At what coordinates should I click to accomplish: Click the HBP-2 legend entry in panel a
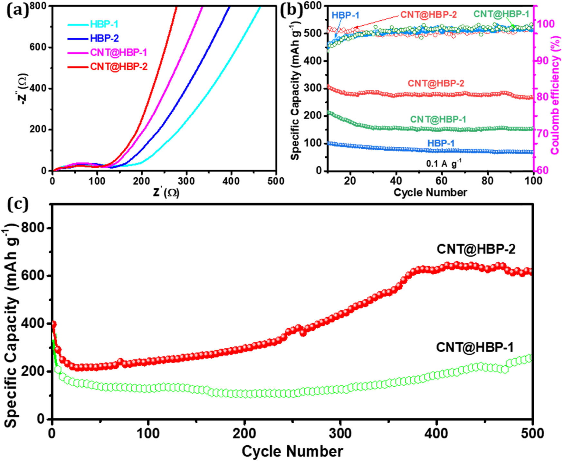coord(104,38)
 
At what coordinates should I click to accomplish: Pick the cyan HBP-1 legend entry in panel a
coord(104,24)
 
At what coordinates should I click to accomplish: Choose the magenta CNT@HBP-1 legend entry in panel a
coord(119,52)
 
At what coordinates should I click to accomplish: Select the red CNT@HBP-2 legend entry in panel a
coord(119,67)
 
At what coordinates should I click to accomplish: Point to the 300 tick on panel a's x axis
coord(186,181)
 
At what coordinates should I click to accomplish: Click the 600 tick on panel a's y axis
coord(38,47)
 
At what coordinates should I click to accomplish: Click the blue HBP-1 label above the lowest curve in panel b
coord(441,143)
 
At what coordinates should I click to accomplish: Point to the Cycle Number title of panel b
coord(430,193)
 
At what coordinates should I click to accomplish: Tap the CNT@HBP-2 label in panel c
coord(476,249)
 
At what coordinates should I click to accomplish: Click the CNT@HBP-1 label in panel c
coord(475,347)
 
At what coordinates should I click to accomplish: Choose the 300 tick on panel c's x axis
coord(341,433)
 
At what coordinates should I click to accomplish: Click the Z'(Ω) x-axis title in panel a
coord(166,193)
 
